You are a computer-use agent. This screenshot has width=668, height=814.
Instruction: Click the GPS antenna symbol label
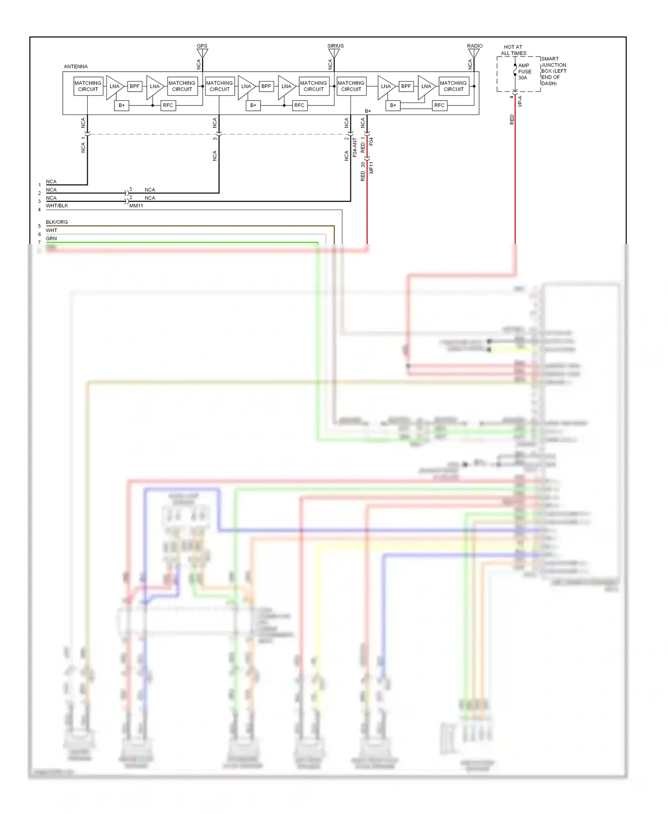tap(202, 46)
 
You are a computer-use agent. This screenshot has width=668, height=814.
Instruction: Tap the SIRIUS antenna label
tap(335, 46)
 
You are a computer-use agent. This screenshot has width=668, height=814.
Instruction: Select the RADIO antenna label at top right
tap(475, 46)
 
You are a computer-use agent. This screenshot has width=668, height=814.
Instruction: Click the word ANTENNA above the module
tap(76, 66)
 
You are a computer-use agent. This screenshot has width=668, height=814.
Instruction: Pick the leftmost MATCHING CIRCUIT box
tap(88, 86)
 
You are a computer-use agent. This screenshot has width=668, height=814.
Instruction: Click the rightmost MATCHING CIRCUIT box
tap(453, 86)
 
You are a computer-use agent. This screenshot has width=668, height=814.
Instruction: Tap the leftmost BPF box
tap(134, 86)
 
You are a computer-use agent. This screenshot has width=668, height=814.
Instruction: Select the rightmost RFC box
tap(439, 106)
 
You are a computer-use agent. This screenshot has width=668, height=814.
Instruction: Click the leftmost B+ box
tap(122, 106)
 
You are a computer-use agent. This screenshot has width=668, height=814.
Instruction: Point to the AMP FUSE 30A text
tap(524, 71)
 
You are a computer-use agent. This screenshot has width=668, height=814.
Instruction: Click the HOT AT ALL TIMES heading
tap(513, 50)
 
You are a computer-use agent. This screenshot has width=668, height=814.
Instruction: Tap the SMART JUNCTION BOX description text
tap(554, 71)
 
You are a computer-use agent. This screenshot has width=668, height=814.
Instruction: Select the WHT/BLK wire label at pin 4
tap(57, 206)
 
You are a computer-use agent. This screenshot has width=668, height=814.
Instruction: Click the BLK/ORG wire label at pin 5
tap(57, 222)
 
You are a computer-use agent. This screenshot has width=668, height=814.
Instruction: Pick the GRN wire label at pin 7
tap(51, 239)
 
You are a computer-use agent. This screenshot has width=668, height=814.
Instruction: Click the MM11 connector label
tap(136, 206)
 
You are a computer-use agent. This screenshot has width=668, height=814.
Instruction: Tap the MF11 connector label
tap(371, 168)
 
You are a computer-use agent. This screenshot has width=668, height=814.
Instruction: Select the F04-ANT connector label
tap(355, 147)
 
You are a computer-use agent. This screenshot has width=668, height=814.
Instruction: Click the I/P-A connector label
tap(520, 101)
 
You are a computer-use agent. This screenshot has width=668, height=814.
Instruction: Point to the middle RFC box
tap(299, 106)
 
